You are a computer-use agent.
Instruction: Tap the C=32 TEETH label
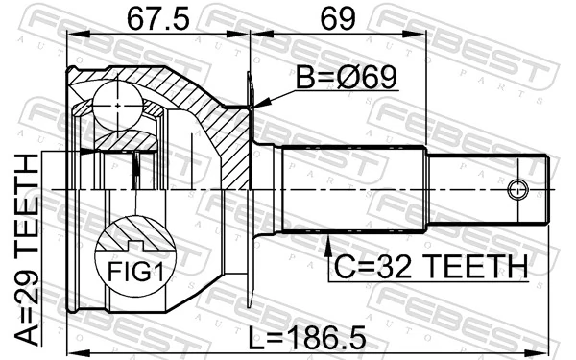tap(429, 268)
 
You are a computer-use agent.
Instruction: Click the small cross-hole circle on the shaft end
tap(517, 188)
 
